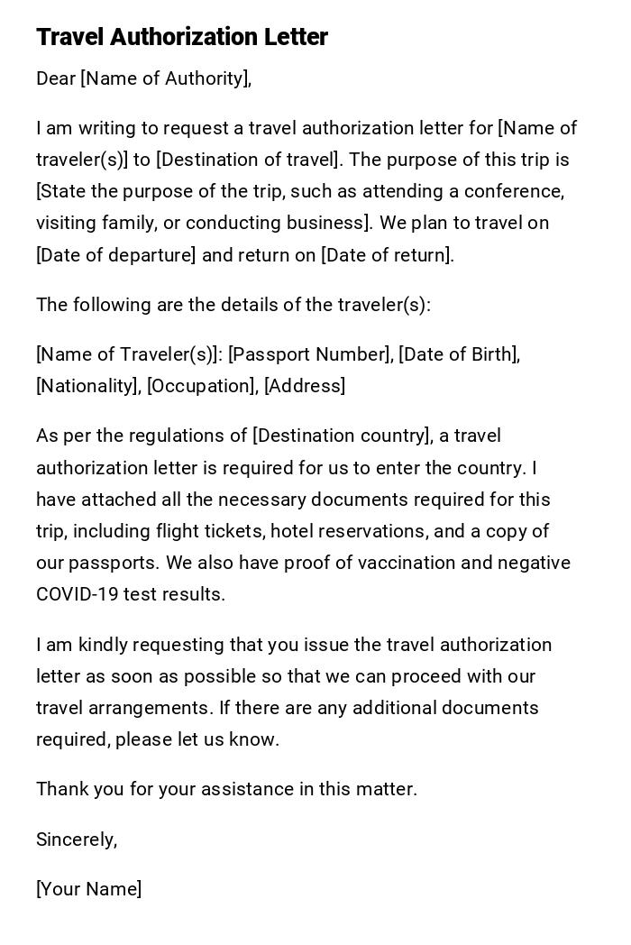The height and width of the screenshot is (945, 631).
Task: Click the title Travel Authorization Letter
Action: [x=182, y=37]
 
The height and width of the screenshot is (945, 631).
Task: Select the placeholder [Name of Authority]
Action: [x=164, y=78]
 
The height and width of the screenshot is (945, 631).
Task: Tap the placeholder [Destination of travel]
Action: [x=249, y=160]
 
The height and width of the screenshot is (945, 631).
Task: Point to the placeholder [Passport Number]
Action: [x=310, y=354]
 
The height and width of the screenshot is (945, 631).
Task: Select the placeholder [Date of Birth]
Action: [x=458, y=354]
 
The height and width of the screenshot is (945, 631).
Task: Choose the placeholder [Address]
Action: [x=305, y=386]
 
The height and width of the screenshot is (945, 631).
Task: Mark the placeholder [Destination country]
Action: [x=341, y=436]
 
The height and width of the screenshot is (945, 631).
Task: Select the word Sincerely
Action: [x=76, y=839]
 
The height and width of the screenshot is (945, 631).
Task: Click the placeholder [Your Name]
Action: [x=88, y=889]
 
